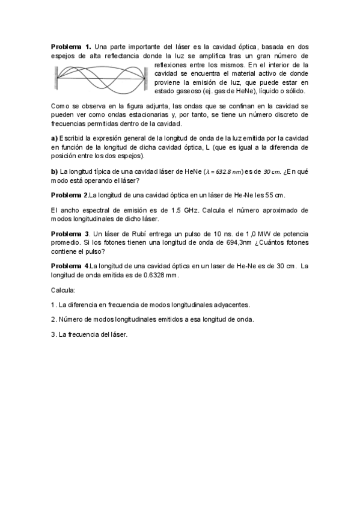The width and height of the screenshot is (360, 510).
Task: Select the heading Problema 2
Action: point(70,195)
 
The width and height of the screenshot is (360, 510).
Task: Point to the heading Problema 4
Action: point(70,265)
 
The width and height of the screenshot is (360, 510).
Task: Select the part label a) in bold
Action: point(53,138)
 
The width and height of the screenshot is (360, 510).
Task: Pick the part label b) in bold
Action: point(54,172)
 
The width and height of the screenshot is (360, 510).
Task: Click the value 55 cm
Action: point(276,195)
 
